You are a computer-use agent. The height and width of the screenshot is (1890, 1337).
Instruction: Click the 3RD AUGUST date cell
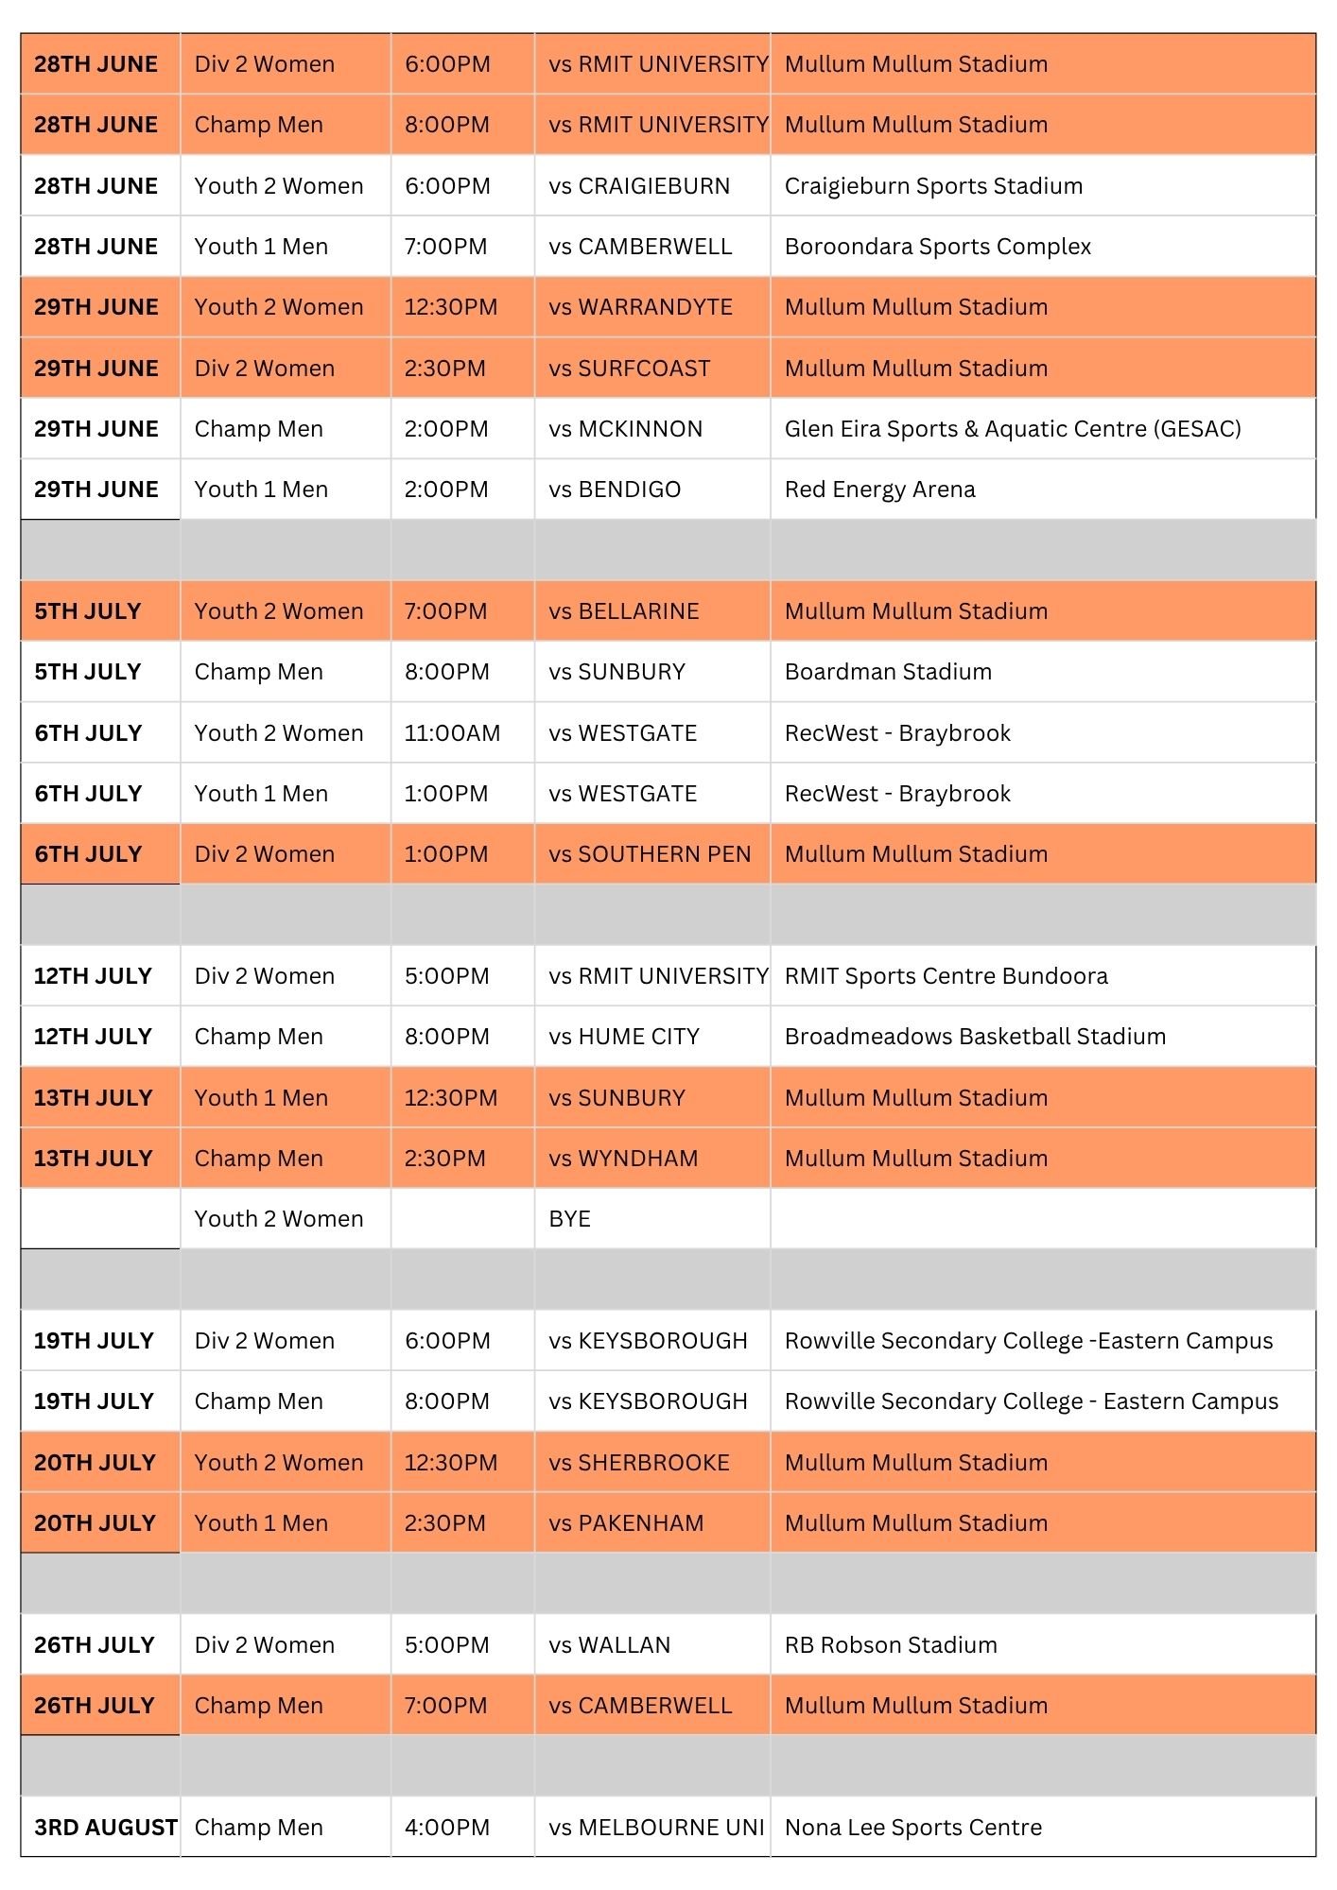tap(104, 1827)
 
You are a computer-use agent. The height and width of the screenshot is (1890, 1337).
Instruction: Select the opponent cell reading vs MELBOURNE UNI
tap(655, 1827)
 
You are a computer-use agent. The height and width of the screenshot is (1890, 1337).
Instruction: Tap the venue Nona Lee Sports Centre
tap(912, 1827)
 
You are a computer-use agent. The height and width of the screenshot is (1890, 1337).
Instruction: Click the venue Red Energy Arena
tap(879, 490)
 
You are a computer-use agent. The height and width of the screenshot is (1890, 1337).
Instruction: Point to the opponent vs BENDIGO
tap(615, 490)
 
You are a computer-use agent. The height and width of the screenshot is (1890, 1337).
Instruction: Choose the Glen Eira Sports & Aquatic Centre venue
tap(1012, 429)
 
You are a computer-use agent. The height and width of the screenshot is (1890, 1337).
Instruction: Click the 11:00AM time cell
tap(452, 733)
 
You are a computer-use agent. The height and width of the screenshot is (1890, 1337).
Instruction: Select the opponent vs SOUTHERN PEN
tap(650, 854)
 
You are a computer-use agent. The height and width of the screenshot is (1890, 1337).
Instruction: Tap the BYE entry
tap(569, 1219)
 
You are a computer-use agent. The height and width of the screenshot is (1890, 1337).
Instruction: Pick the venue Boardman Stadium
tap(888, 672)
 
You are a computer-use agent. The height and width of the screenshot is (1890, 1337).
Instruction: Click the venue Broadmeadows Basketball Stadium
tap(975, 1037)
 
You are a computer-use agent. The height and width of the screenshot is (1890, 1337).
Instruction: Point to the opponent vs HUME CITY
tap(624, 1037)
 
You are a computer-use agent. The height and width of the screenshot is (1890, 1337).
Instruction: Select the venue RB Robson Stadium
tap(891, 1645)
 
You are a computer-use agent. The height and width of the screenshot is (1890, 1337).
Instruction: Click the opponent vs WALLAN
tap(609, 1645)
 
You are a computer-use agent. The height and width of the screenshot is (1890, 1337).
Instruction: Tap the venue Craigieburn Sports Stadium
tap(933, 186)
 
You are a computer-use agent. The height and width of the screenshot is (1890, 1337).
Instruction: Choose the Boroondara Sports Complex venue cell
tap(937, 247)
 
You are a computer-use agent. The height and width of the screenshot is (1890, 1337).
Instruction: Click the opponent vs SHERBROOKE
tap(639, 1463)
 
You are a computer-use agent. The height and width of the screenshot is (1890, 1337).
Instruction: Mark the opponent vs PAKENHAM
tap(626, 1523)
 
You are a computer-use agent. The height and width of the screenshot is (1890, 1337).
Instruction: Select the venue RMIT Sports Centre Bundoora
tap(946, 976)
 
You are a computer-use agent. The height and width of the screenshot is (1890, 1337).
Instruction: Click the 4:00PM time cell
tap(446, 1827)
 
